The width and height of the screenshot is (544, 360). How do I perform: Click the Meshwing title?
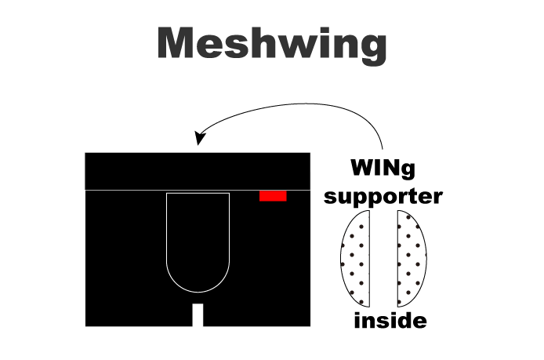pyautogui.click(x=272, y=45)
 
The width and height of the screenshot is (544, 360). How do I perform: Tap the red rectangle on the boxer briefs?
pyautogui.click(x=273, y=196)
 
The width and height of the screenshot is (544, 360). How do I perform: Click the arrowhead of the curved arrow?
pyautogui.click(x=199, y=138)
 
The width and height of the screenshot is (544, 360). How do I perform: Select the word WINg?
pyautogui.click(x=383, y=169)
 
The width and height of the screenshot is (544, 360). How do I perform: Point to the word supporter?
pyautogui.click(x=383, y=197)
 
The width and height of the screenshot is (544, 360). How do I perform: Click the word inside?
pyautogui.click(x=390, y=321)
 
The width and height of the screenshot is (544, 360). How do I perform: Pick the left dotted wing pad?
pyautogui.click(x=356, y=259)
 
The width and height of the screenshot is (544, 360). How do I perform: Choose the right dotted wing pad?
pyautogui.click(x=412, y=259)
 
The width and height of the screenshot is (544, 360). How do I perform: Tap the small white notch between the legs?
pyautogui.click(x=198, y=315)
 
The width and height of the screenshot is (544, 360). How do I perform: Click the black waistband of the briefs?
pyautogui.click(x=198, y=171)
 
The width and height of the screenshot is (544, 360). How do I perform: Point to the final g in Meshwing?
pyautogui.click(x=373, y=49)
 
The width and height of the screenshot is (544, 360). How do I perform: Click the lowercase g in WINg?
pyautogui.click(x=408, y=171)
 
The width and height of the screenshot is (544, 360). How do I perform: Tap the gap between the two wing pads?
pyautogui.click(x=384, y=259)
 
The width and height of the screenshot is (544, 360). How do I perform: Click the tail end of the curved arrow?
pyautogui.click(x=383, y=149)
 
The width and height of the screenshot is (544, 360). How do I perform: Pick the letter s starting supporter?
pyautogui.click(x=330, y=197)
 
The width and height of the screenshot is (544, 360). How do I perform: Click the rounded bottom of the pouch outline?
pyautogui.click(x=198, y=292)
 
